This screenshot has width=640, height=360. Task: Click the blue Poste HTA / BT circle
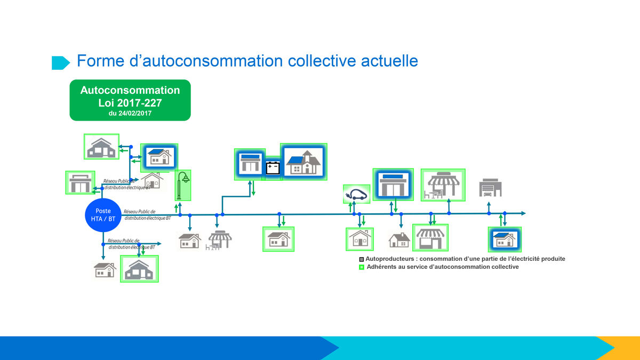(x=103, y=215)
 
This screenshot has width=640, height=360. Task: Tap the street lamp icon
(x=182, y=185)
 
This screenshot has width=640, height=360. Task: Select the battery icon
(x=273, y=168)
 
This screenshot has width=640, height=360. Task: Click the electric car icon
(x=356, y=194)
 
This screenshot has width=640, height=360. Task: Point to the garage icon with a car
(x=490, y=188)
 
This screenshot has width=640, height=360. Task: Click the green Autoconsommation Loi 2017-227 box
(x=130, y=100)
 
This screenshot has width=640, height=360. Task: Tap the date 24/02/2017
(x=135, y=114)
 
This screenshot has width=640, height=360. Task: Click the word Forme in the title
(x=101, y=61)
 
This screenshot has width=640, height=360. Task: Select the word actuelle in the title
(x=389, y=61)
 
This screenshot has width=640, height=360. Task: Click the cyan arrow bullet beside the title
(x=61, y=63)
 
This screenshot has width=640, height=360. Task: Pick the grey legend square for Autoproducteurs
(x=362, y=259)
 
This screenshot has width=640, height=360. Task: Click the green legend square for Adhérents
(x=362, y=267)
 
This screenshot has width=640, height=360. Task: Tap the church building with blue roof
(x=303, y=162)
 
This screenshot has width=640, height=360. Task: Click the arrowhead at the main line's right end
(x=523, y=213)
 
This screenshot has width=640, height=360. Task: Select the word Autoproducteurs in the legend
(x=390, y=259)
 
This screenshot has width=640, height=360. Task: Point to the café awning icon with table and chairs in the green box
(x=443, y=185)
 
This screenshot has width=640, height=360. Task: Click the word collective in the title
(x=322, y=61)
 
